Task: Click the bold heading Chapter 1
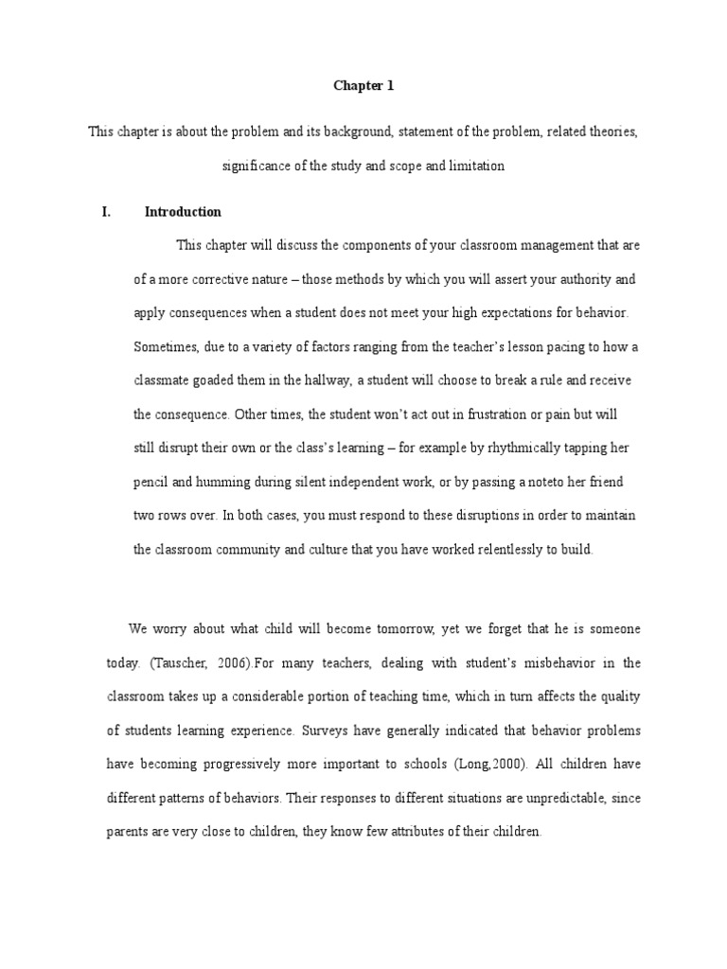(363, 86)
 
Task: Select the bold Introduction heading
(183, 212)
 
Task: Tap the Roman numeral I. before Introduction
(107, 212)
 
